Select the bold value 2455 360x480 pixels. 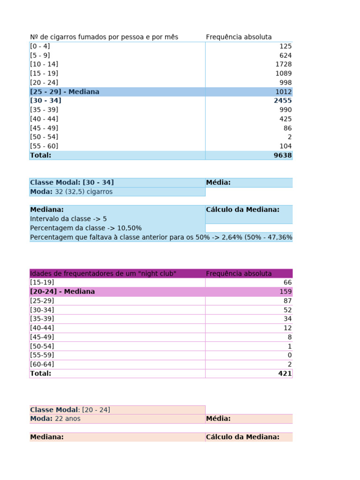(x=283, y=100)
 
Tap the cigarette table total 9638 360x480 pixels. (x=283, y=155)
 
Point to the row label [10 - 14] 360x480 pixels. (x=44, y=64)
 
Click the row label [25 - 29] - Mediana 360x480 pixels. (x=65, y=92)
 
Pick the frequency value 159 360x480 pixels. (x=285, y=292)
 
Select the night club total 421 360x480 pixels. (x=285, y=374)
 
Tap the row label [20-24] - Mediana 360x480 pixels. (x=62, y=292)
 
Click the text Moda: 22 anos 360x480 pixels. (x=55, y=419)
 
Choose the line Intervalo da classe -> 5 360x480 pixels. (x=68, y=219)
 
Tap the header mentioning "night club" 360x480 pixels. (x=103, y=273)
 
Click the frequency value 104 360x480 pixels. (x=285, y=146)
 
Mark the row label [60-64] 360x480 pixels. (x=42, y=364)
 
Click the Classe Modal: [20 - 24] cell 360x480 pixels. (x=70, y=410)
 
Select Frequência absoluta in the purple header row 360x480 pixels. (x=239, y=273)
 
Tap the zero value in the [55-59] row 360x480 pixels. (x=290, y=355)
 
